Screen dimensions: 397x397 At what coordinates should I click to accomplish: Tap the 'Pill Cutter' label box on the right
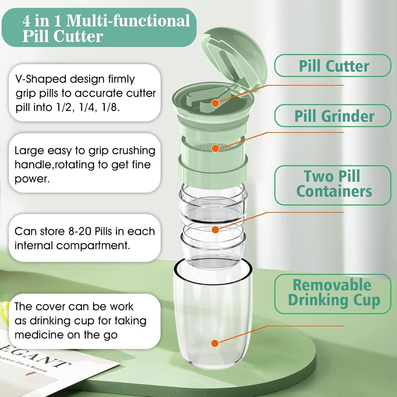coord(333,66)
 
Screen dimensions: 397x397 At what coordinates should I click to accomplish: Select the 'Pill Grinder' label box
coord(333,116)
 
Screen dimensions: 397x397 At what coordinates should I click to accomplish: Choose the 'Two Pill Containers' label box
coord(333,185)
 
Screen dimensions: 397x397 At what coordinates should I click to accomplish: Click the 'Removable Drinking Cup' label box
coord(333,293)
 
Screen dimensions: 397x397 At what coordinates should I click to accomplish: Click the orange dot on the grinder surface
coord(216,147)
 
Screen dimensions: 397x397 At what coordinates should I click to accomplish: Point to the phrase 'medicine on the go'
coord(66,335)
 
